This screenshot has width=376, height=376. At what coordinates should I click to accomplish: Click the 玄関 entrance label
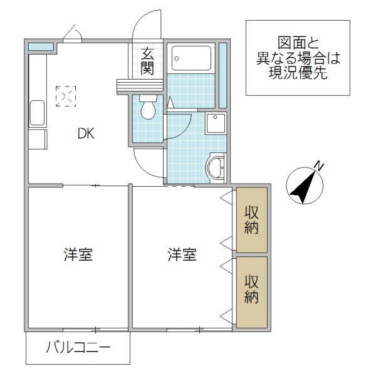point(147,61)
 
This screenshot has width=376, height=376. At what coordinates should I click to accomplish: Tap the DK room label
point(86,133)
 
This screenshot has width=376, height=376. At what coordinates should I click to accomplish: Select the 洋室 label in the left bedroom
point(78,255)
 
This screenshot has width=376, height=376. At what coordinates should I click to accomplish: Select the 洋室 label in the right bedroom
point(182,255)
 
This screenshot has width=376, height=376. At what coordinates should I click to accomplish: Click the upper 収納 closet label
point(251,220)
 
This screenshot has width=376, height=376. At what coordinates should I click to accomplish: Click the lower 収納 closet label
point(251,289)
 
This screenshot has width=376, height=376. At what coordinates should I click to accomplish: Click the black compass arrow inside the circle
point(303,187)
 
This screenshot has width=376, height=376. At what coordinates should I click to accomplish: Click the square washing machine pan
point(216,124)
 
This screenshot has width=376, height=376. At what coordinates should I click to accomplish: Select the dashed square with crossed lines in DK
point(66,96)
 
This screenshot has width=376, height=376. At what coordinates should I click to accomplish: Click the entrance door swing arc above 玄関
point(148,25)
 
